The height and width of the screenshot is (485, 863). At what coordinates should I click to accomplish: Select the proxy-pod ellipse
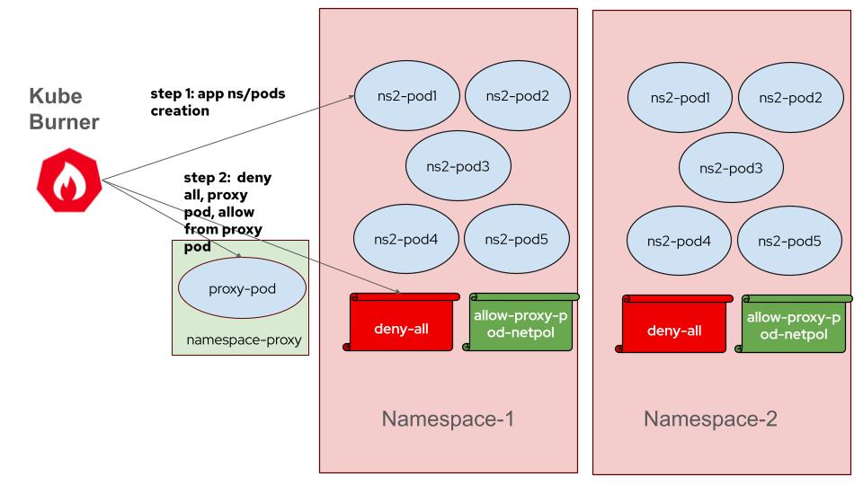coord(242,288)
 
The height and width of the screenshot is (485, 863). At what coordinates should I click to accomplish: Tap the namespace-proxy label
coord(243,340)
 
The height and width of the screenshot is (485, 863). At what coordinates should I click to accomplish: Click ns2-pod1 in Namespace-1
coord(408,94)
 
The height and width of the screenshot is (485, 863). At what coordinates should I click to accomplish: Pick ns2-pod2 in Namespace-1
coord(517,94)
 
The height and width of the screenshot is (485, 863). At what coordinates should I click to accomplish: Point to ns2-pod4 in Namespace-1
coord(408,239)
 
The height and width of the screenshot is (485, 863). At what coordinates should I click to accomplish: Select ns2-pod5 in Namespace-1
coord(517,239)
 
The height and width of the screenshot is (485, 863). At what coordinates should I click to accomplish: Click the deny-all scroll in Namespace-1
coord(401,326)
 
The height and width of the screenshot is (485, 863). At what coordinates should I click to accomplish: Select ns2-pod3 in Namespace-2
coord(731,168)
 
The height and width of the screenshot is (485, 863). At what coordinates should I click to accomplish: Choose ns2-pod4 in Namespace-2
coord(681,242)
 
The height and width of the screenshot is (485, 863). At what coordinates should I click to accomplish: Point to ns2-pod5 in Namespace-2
coord(790,242)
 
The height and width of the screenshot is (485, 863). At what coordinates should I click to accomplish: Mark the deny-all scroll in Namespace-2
coord(674,328)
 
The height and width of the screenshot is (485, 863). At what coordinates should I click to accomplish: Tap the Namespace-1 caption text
coord(448,419)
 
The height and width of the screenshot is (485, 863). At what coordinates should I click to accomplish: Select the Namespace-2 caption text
coord(710,419)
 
